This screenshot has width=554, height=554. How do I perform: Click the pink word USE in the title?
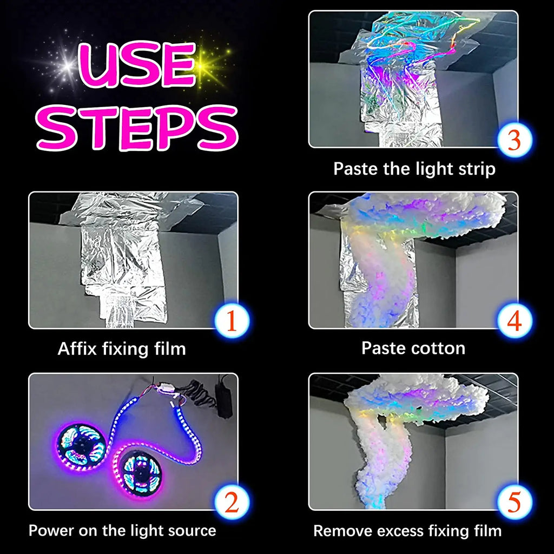(137, 65)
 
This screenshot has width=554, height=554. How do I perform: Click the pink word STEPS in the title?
(137, 128)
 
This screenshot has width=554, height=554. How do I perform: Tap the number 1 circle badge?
(232, 321)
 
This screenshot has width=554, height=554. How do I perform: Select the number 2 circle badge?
(232, 502)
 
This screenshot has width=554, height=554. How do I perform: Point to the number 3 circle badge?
(515, 140)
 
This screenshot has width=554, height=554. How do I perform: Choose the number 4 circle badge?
(515, 321)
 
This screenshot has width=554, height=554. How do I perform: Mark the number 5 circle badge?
(515, 502)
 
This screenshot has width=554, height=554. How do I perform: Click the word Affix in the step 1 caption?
(77, 349)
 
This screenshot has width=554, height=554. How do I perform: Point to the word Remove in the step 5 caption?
(337, 531)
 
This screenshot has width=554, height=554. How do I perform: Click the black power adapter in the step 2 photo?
(225, 397)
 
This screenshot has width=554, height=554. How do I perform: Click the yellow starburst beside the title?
(203, 65)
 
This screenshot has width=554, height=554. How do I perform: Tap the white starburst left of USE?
(67, 65)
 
